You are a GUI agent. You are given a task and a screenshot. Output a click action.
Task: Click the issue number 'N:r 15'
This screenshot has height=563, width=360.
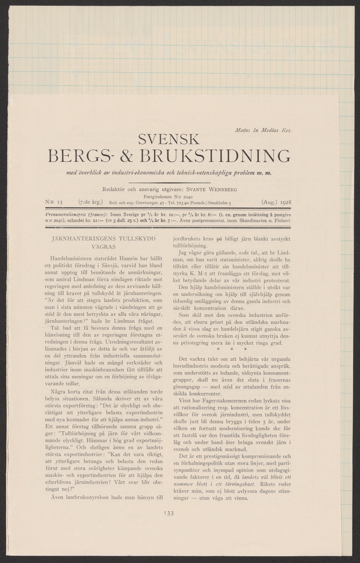(x=54, y=203)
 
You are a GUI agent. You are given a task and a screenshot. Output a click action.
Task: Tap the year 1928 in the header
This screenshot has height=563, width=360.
(x=283, y=203)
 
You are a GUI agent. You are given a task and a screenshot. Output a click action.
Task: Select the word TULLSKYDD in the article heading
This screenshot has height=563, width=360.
(x=134, y=239)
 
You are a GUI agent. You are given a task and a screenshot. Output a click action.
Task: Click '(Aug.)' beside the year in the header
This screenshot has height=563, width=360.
(x=266, y=203)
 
